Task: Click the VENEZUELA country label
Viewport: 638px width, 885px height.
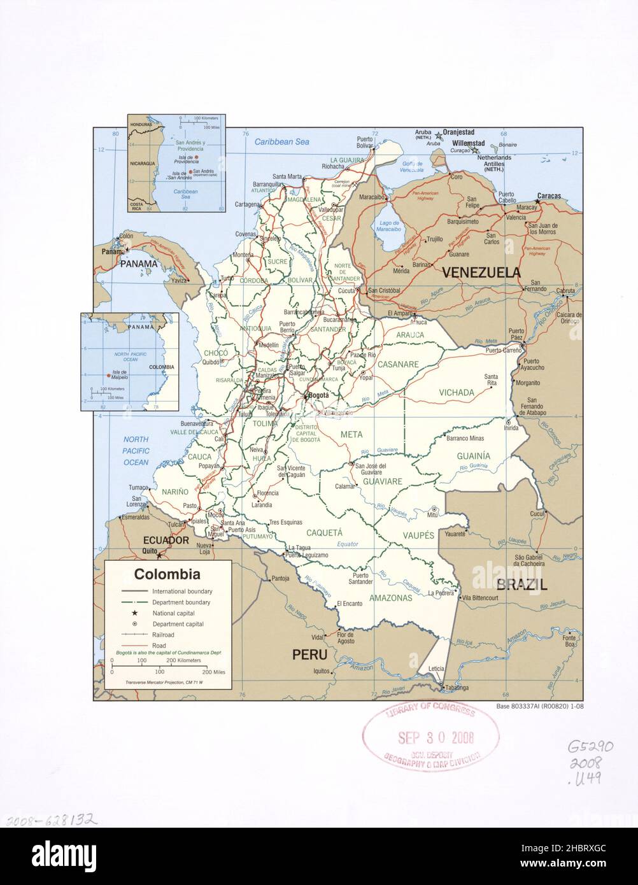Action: [x=481, y=273]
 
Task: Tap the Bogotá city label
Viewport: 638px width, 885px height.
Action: [x=317, y=395]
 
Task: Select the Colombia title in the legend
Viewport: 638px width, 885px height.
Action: [x=167, y=574]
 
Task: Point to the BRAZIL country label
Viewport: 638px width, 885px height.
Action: [x=521, y=584]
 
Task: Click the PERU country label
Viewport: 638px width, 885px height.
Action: [x=309, y=655]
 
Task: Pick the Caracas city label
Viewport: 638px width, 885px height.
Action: [x=549, y=196]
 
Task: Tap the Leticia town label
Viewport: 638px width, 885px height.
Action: [x=436, y=669]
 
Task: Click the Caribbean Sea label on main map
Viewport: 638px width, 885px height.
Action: [x=281, y=142]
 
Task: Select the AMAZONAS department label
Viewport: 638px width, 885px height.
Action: [x=390, y=598]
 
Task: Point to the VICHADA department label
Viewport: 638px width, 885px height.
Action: [x=457, y=393]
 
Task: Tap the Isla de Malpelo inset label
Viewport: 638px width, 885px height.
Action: [x=120, y=375]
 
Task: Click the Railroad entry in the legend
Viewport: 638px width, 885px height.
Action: [x=163, y=635]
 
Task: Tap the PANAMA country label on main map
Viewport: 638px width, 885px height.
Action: [x=139, y=264]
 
